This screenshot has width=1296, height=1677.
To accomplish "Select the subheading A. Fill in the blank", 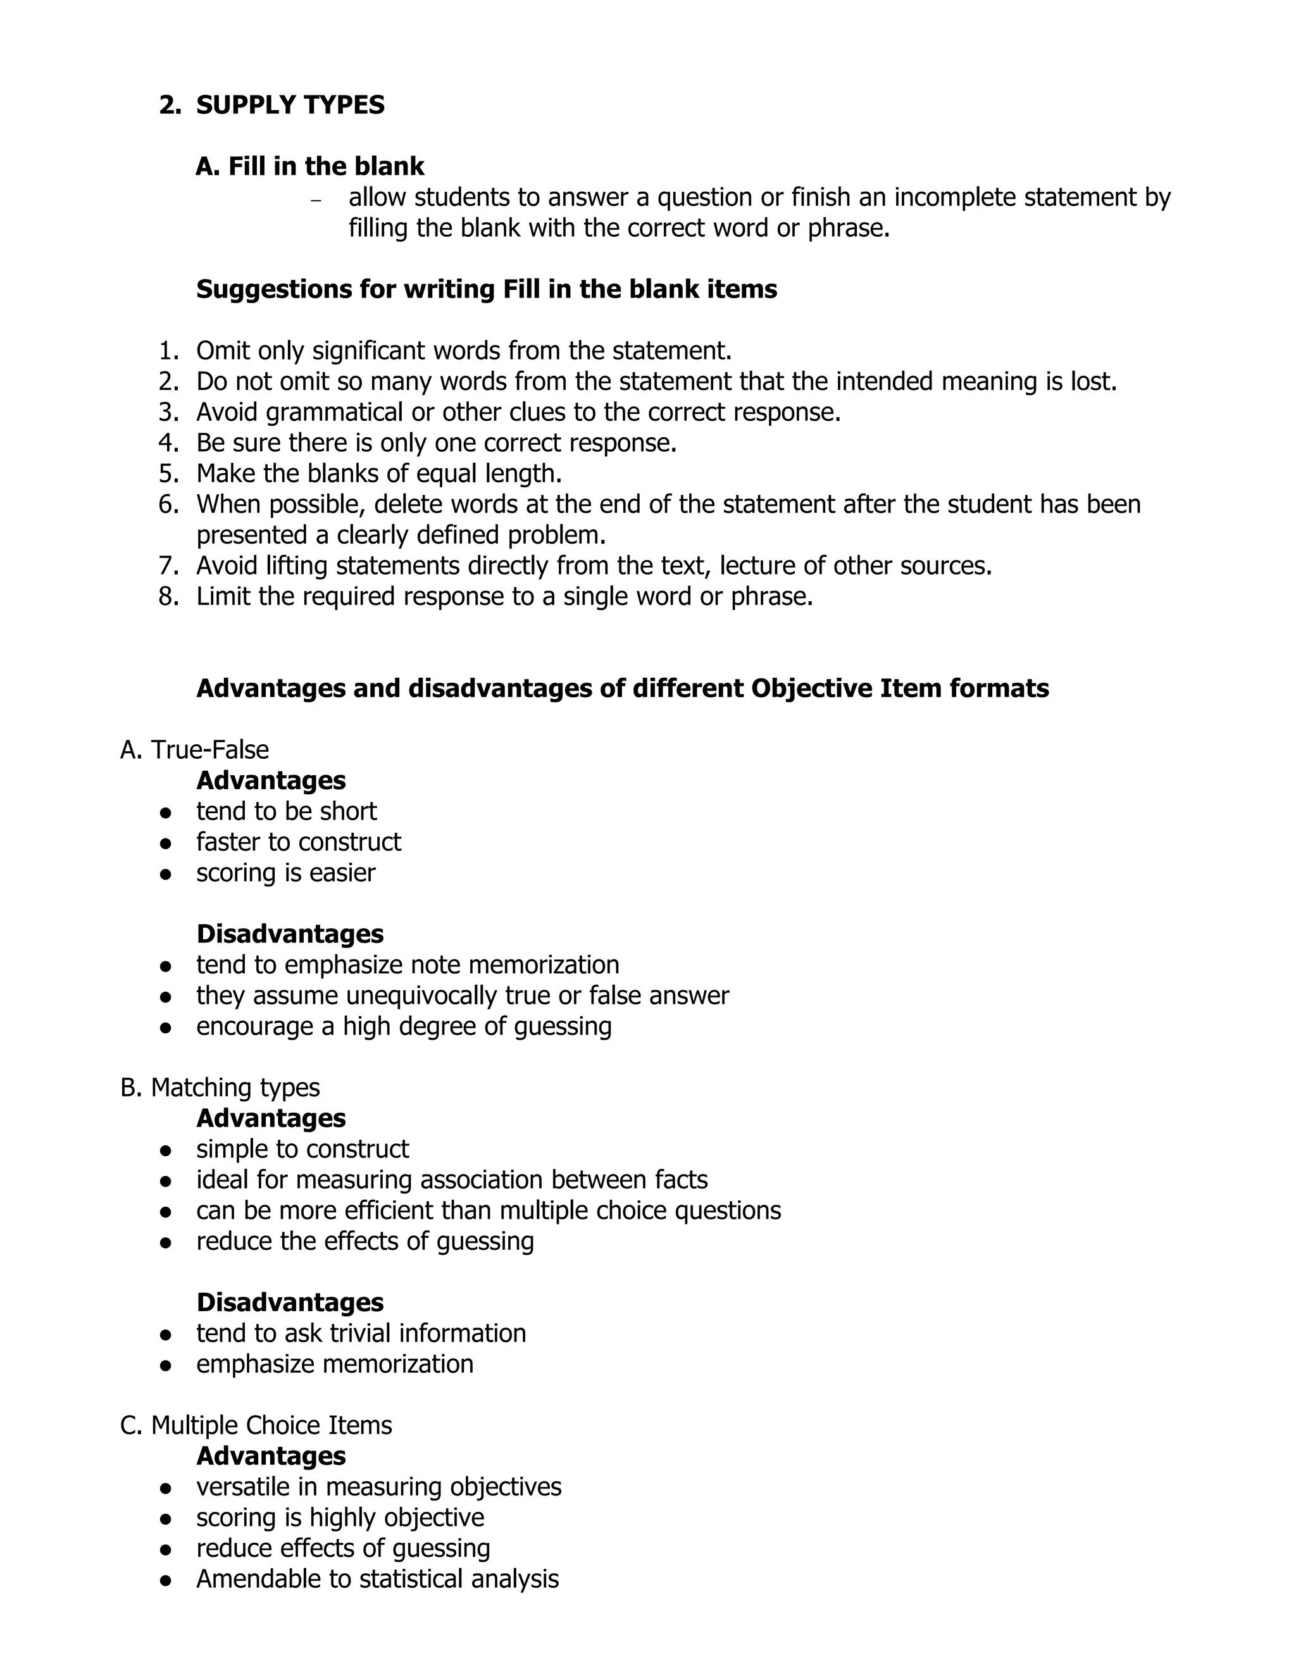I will [x=309, y=166].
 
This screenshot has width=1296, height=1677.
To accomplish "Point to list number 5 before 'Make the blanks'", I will [x=168, y=474].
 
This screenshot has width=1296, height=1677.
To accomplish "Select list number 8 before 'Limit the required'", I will [x=168, y=597].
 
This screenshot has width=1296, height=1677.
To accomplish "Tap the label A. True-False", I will [x=194, y=749].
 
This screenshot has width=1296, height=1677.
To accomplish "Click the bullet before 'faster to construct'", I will [x=165, y=843].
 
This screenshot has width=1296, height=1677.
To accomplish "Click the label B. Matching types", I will [x=220, y=1087].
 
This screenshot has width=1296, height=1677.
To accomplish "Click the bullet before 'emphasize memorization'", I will [x=165, y=1365].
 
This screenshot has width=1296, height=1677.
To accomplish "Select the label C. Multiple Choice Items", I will [x=256, y=1425].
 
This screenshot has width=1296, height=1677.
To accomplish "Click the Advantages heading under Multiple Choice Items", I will [x=270, y=1456].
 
